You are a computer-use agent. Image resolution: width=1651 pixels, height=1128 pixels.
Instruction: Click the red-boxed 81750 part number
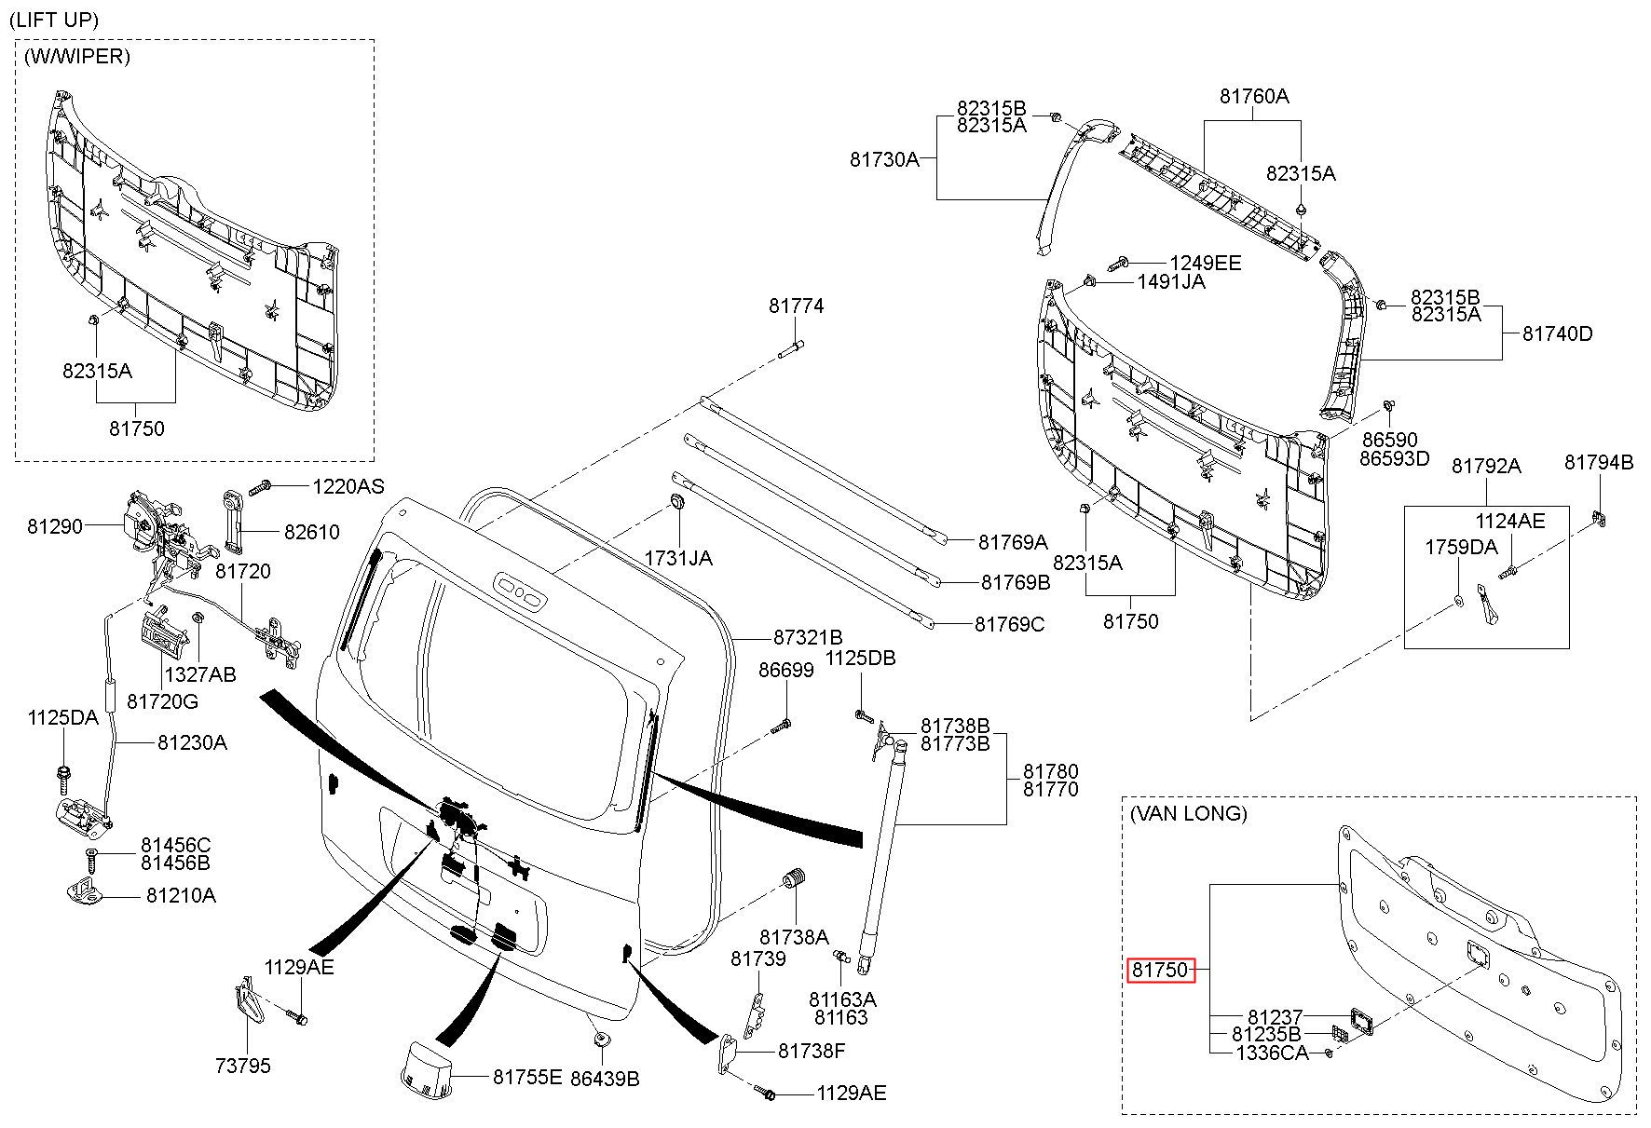(1160, 970)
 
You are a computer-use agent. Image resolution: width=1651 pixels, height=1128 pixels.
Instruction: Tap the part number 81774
(797, 306)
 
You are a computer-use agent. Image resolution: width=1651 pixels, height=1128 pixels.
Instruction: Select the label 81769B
(1016, 582)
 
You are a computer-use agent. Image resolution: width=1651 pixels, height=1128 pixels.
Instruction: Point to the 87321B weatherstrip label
(808, 637)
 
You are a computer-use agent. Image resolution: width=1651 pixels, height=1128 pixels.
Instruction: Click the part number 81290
(55, 526)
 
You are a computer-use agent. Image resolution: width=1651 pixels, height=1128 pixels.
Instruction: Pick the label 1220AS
(348, 486)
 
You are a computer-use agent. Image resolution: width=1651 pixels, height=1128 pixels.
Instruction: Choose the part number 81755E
(527, 1077)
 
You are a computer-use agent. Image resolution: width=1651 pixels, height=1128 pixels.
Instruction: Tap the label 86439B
(607, 1079)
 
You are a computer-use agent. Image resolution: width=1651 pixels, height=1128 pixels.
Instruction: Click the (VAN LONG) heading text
(1188, 813)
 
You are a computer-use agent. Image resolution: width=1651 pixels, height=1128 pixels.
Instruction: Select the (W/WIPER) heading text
(77, 56)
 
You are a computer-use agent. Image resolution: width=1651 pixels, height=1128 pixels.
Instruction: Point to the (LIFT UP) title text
(53, 19)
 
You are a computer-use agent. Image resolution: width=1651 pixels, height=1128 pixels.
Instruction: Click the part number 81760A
(1255, 96)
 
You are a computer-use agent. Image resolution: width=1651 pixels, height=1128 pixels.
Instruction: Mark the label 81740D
(1558, 333)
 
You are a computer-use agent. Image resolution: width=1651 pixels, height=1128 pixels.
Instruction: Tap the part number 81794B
(1599, 462)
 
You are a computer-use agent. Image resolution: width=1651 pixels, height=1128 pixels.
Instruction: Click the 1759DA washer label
(1461, 547)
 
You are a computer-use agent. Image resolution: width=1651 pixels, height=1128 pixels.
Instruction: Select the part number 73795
(242, 1065)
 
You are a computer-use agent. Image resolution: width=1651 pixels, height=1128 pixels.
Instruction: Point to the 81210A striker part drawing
(84, 890)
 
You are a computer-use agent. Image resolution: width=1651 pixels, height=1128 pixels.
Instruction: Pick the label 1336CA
(1272, 1053)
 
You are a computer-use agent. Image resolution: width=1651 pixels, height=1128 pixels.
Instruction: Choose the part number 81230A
(192, 742)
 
